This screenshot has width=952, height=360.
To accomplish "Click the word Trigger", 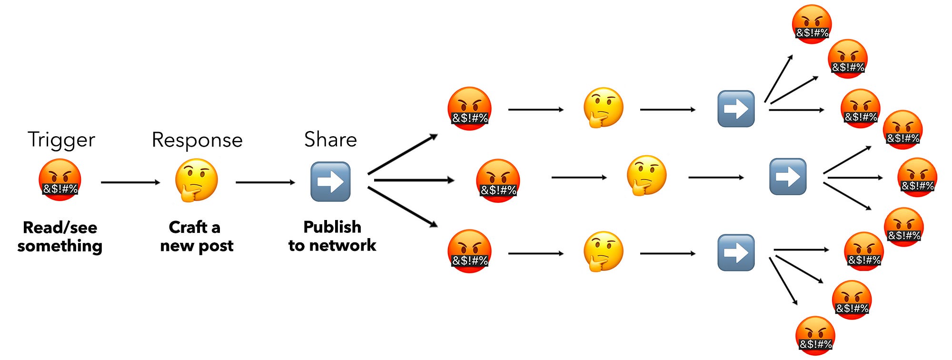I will click(x=61, y=140).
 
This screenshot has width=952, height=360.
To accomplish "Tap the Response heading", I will click(x=197, y=140).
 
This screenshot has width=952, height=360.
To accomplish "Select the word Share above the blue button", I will click(x=330, y=140).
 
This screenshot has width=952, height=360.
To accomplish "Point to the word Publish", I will click(x=332, y=227).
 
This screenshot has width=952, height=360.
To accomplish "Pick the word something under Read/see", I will click(x=60, y=246).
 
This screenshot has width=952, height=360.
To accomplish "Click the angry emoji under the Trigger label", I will click(x=59, y=180).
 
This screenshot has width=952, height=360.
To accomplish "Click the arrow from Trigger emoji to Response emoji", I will click(x=130, y=182).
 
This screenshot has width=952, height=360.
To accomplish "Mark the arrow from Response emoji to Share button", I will click(x=265, y=182).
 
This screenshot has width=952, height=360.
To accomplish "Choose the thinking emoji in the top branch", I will click(x=603, y=108).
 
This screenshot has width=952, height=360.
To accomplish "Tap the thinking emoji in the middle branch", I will click(x=646, y=175).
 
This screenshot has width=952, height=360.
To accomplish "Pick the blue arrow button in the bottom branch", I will click(x=736, y=252).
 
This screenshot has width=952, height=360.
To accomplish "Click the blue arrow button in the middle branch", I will click(x=788, y=177).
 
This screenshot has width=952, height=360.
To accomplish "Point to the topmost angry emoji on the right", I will click(x=812, y=24).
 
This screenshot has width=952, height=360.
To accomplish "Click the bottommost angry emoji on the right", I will click(x=815, y=336).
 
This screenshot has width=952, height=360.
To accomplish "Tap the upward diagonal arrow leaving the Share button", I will click(x=402, y=154).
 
